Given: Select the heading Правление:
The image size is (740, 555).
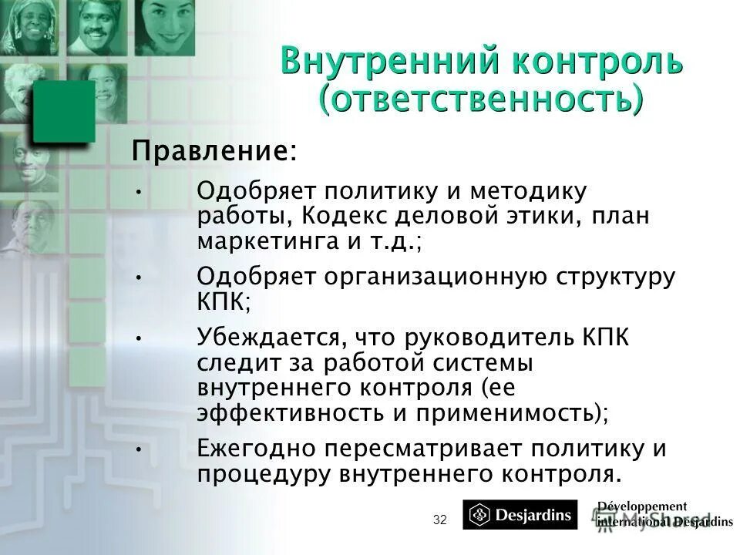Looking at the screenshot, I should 214,150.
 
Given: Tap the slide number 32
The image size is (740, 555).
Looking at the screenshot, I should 440,520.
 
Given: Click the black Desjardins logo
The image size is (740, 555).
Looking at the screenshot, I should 520,515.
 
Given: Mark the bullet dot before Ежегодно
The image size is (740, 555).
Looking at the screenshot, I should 137,448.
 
